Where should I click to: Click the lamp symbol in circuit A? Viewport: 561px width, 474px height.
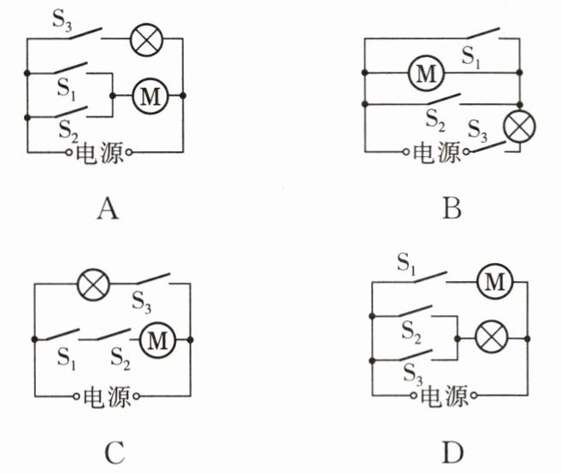[x=146, y=39]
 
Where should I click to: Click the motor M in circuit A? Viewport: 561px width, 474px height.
[x=151, y=96]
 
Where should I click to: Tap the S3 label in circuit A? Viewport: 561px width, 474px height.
[x=62, y=20]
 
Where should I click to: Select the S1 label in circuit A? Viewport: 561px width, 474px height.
[x=67, y=89]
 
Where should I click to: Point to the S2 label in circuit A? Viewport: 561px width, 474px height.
[x=68, y=131]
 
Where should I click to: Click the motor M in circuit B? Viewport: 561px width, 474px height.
[x=426, y=73]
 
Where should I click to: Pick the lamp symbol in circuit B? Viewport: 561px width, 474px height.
[x=519, y=126]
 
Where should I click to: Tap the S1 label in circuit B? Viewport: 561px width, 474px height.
[x=471, y=57]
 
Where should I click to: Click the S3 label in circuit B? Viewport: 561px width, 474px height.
[x=478, y=131]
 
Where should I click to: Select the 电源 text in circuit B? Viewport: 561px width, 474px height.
[x=436, y=153]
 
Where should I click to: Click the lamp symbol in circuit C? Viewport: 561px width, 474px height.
[x=93, y=284]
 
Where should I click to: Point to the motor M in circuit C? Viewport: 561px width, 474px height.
[x=157, y=340]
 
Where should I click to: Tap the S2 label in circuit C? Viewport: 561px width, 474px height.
[x=121, y=359]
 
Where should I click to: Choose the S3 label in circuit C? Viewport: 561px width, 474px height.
[x=142, y=302]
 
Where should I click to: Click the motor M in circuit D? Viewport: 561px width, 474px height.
[x=495, y=282]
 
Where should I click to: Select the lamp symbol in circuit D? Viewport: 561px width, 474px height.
[x=491, y=337]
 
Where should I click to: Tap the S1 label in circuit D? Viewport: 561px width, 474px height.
[x=406, y=264]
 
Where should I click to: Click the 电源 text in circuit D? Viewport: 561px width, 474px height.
[x=444, y=395]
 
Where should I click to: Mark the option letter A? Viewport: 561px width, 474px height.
[x=108, y=210]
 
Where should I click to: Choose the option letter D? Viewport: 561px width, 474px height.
[x=452, y=453]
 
